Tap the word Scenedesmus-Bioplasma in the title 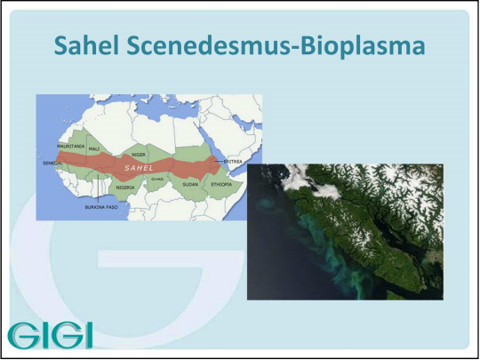tap(276, 46)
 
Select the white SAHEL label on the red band tap(139, 168)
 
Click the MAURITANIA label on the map tap(71, 147)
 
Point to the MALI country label tap(94, 149)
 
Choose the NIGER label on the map tap(139, 155)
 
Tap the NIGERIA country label tap(125, 188)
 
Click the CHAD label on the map tap(157, 179)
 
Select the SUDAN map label tap(190, 185)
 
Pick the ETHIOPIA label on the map tap(221, 185)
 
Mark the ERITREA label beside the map tap(233, 162)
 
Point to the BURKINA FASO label tap(101, 207)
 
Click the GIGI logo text tap(50, 334)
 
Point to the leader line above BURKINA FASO tap(98, 188)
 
